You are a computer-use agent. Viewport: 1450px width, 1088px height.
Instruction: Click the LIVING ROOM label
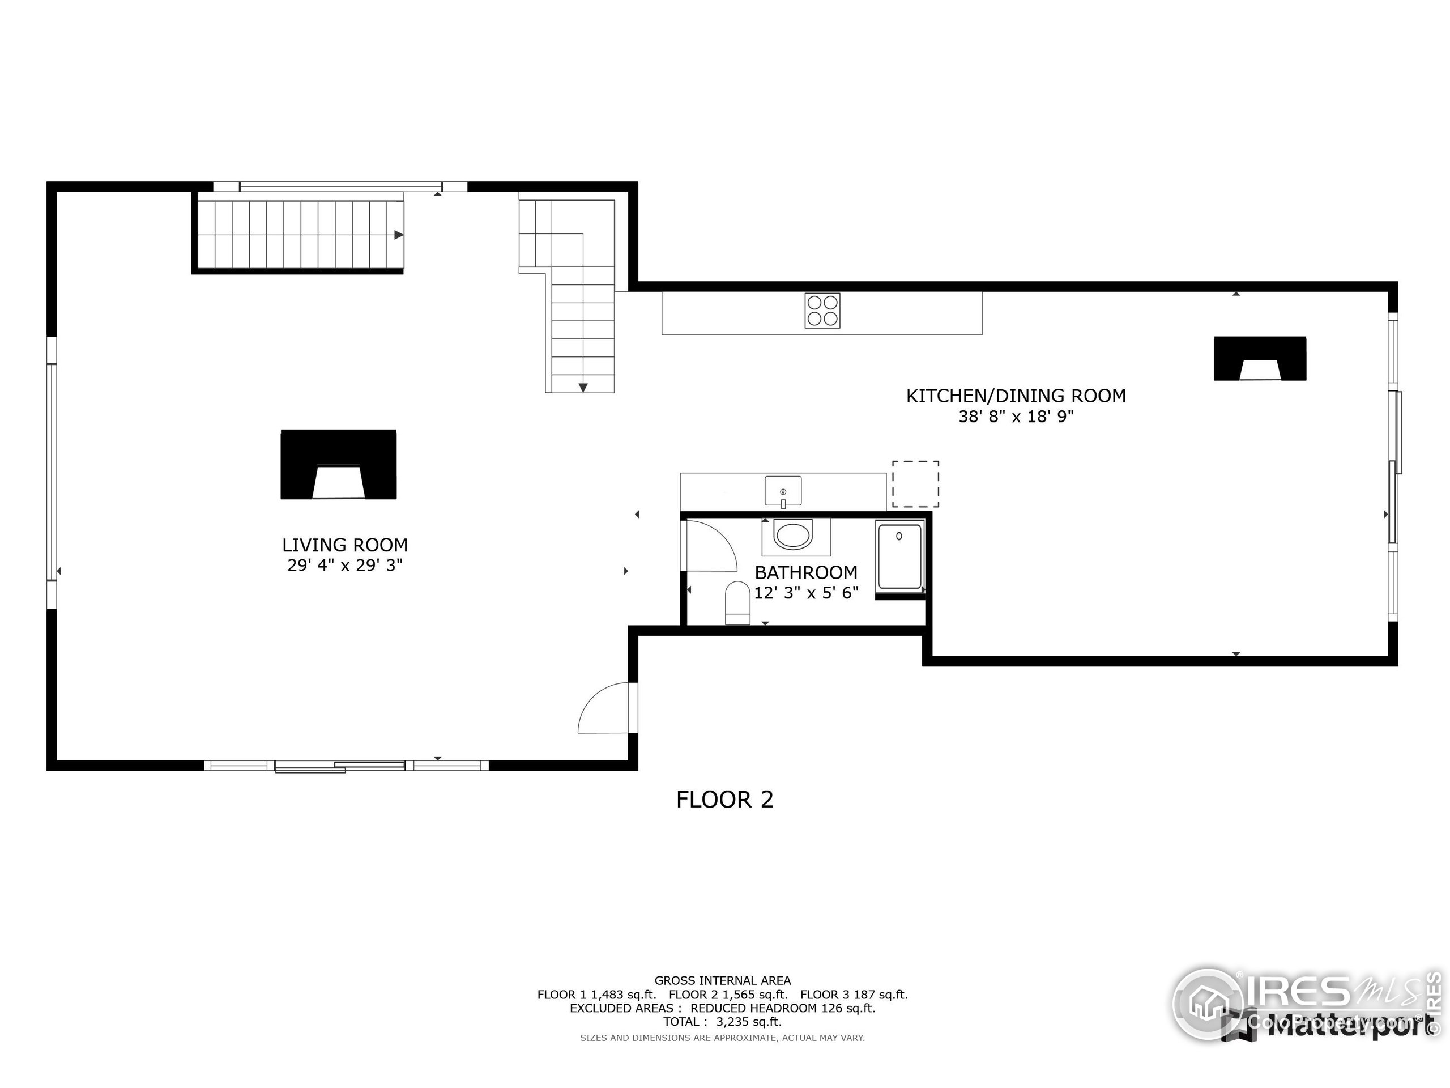pyautogui.click(x=345, y=545)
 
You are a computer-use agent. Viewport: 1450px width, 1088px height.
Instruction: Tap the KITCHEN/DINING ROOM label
pyautogui.click(x=1016, y=396)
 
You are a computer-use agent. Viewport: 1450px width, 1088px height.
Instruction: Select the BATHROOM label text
pyautogui.click(x=805, y=572)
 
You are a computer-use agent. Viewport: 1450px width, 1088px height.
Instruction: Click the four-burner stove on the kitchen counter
pyautogui.click(x=822, y=310)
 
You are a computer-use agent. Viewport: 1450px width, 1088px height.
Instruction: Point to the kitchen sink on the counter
pyautogui.click(x=783, y=491)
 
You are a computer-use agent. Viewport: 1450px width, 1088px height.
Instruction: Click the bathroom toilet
pyautogui.click(x=737, y=603)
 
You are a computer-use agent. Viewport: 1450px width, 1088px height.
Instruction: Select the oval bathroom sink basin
pyautogui.click(x=793, y=534)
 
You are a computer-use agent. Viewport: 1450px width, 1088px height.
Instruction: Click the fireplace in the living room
pyautogui.click(x=338, y=464)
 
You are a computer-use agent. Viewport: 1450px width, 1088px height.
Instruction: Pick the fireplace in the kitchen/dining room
pyautogui.click(x=1259, y=359)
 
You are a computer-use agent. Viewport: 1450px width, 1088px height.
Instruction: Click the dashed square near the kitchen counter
pyautogui.click(x=915, y=484)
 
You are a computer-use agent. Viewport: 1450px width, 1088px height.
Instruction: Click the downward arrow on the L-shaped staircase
pyautogui.click(x=582, y=388)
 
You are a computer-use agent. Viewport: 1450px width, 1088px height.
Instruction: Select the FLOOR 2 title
pyautogui.click(x=724, y=800)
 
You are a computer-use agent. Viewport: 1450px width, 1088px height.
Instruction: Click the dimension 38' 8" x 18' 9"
pyautogui.click(x=1016, y=416)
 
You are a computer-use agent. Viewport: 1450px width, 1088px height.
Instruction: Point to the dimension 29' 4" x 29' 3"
pyautogui.click(x=345, y=566)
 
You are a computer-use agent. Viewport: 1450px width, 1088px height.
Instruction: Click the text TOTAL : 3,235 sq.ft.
pyautogui.click(x=722, y=1022)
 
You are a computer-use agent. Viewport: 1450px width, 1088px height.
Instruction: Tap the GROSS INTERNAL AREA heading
pyautogui.click(x=722, y=980)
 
